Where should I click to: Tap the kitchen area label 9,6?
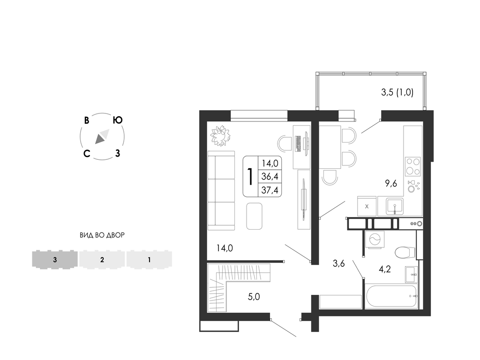pyautogui.click(x=391, y=183)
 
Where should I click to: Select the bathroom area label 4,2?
pyautogui.click(x=385, y=270)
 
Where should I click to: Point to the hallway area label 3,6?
pyautogui.click(x=338, y=263)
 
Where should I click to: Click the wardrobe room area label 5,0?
pyautogui.click(x=254, y=297)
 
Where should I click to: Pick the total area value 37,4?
pyautogui.click(x=270, y=190)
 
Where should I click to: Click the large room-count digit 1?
pyautogui.click(x=250, y=177)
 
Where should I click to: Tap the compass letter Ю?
pyautogui.click(x=118, y=120)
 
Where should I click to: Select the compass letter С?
pyautogui.click(x=87, y=153)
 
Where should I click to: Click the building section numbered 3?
pyautogui.click(x=55, y=260)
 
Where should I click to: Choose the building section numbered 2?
pyautogui.click(x=102, y=260)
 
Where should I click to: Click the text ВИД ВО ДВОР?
pyautogui.click(x=102, y=235)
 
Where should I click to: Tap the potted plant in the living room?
pyautogui.click(x=220, y=135)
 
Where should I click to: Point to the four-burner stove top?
pyautogui.click(x=413, y=166)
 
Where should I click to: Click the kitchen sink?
pyautogui.click(x=395, y=206)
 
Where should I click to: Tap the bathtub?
pyautogui.click(x=391, y=296)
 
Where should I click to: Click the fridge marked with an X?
pyautogui.click(x=367, y=206)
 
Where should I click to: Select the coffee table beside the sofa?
pyautogui.click(x=255, y=216)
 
